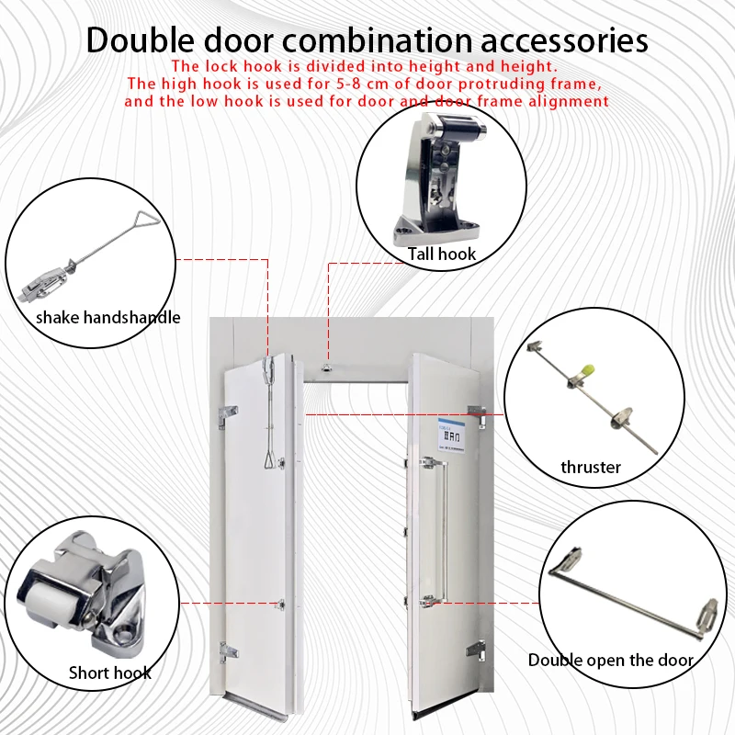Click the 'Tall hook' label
[442, 254]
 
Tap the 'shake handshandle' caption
[108, 318]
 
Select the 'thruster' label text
[591, 467]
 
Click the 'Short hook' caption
[110, 673]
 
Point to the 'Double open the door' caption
[611, 660]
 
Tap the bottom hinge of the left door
[226, 654]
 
